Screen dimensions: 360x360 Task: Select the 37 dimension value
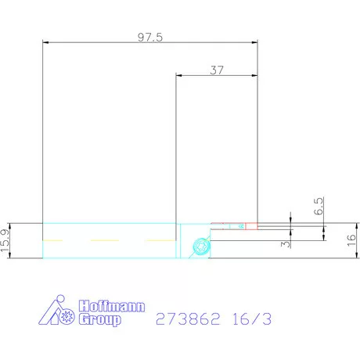click(x=217, y=69)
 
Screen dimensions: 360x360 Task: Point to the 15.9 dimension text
click(x=7, y=240)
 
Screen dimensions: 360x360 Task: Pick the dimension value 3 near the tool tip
click(x=287, y=243)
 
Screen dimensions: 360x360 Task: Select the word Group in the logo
click(x=101, y=320)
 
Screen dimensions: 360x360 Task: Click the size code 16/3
click(x=252, y=319)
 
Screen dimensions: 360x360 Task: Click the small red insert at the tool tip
click(x=251, y=226)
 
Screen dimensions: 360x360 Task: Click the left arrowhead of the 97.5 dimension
click(x=45, y=42)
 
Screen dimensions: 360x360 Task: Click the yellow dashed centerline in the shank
click(x=110, y=238)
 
